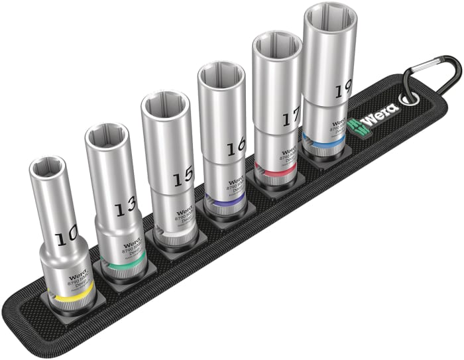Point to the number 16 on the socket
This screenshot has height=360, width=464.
(235, 149)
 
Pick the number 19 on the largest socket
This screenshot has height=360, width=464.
(342, 90)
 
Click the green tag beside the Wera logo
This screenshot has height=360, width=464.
(355, 125)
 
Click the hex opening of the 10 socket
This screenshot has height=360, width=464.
(46, 167)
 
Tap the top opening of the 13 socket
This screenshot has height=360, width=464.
(106, 135)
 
